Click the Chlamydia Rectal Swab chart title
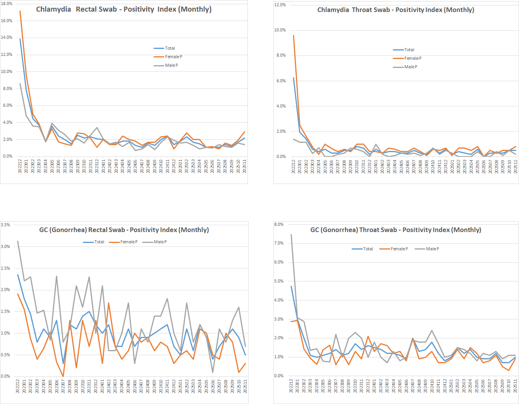[x=124, y=9]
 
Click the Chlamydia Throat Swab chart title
[x=395, y=10]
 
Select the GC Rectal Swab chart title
[x=124, y=230]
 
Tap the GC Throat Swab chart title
[x=395, y=230]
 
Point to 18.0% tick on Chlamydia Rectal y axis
[x=7, y=3]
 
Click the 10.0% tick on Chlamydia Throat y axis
[x=280, y=30]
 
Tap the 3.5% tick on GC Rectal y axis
[x=5, y=225]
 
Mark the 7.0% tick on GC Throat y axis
[x=279, y=243]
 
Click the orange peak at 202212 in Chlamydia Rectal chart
[x=20, y=11]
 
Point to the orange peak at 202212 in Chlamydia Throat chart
[x=293, y=36]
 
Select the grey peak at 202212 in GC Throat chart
[x=291, y=234]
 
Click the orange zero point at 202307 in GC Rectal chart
[x=63, y=376]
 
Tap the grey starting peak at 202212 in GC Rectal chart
[x=18, y=241]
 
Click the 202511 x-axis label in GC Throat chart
[x=516, y=386]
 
